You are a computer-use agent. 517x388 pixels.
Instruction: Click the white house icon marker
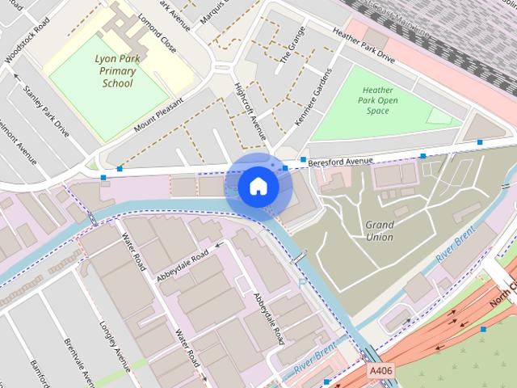[x=258, y=187]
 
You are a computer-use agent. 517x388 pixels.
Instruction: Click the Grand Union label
[x=379, y=231]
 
